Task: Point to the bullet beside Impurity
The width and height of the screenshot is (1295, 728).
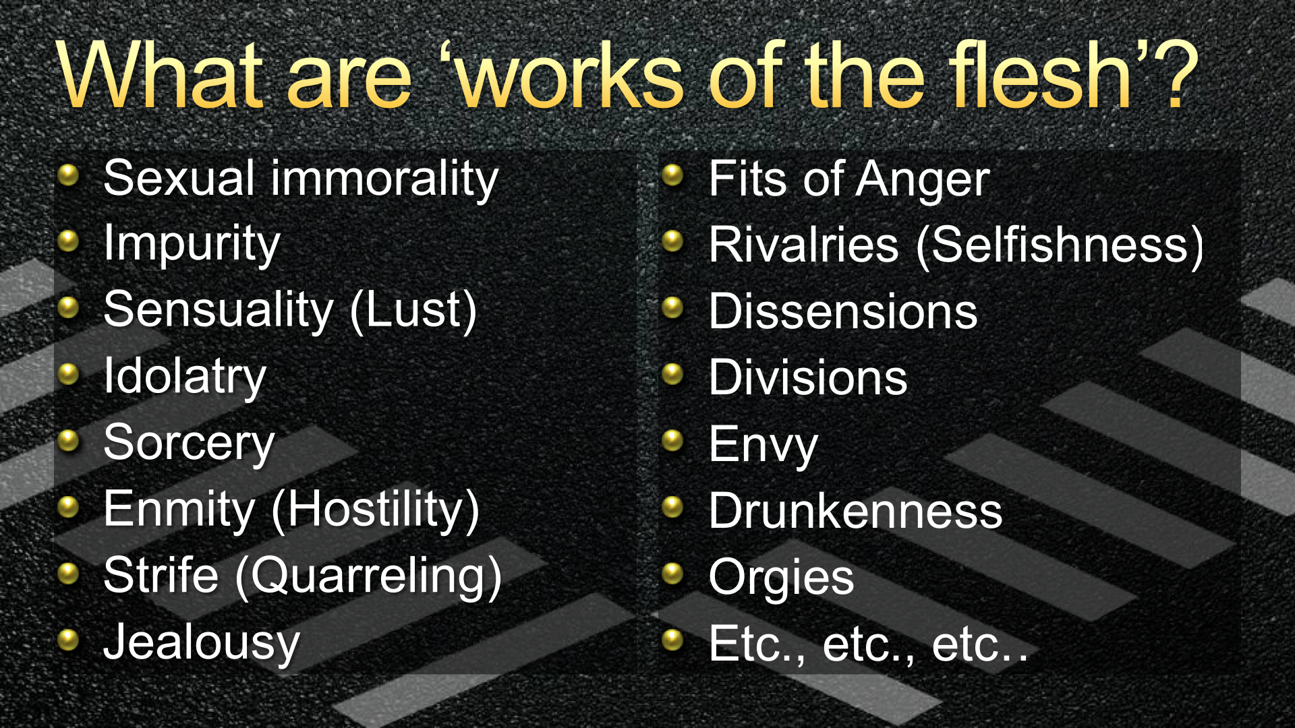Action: coord(69,241)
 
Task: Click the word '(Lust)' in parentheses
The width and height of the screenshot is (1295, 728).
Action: coord(413,311)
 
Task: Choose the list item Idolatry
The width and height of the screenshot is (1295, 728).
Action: coord(185,377)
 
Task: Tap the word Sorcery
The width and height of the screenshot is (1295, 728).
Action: coord(190,444)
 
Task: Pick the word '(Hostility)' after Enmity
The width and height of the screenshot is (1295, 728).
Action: coord(375,510)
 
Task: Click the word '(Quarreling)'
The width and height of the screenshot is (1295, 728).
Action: coord(369,576)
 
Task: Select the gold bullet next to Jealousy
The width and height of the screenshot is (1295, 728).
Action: coord(69,639)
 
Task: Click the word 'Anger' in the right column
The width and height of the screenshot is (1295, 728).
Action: coord(923,181)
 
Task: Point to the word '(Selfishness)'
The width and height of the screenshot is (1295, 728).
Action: coord(1060,245)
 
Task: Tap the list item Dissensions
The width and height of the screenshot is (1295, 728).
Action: coord(843,312)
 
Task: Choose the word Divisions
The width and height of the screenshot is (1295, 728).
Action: coord(808,378)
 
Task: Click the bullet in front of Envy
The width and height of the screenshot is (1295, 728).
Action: coord(673,441)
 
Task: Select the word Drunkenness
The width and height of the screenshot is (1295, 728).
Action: coord(856,511)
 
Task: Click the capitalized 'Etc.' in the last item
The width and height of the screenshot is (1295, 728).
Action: coord(757,644)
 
